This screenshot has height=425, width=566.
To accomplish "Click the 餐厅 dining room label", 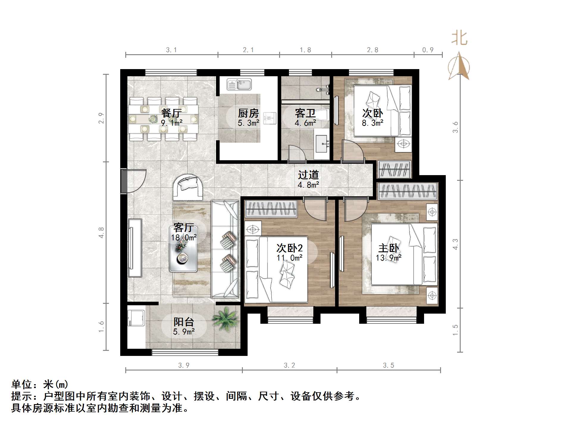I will coord(171,113).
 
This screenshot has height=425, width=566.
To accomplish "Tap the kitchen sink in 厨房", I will coord(239,85).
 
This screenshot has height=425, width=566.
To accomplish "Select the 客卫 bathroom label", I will coord(305,113).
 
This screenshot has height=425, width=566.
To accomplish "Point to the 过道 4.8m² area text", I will coord(308,185).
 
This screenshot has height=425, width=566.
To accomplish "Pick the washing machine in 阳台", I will coord(136,319).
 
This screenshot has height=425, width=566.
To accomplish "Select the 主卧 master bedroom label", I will coord(388,248).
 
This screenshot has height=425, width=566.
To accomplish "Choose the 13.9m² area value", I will coord(388,258).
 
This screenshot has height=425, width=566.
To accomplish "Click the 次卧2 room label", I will coord(289,248).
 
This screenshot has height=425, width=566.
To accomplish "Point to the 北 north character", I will coord(459,38).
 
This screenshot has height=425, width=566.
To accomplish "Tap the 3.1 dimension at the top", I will coord(171,50).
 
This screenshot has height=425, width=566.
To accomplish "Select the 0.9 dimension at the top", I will coord(428,50).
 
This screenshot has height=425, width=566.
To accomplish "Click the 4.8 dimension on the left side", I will coord(101,233).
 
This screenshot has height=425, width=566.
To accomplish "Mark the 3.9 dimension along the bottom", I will coord(184,365).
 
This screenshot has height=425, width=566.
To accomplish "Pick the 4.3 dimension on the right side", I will coord(455,244).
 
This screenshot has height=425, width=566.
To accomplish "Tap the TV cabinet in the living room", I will coord(135,248).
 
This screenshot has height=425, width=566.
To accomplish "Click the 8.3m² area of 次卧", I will coord(373,123).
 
